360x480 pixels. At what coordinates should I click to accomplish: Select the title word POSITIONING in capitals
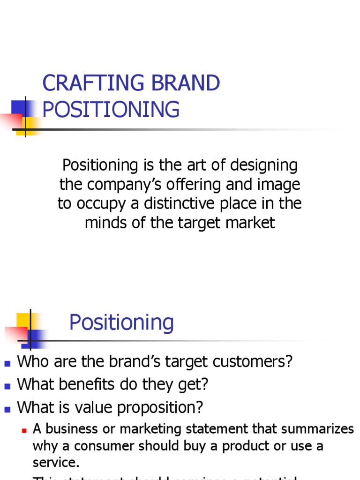(x=111, y=109)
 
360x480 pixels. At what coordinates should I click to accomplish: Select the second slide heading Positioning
(x=121, y=322)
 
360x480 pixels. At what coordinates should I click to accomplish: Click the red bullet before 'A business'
(x=24, y=430)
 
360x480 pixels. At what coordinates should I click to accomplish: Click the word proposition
(x=161, y=407)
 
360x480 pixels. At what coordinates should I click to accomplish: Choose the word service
(x=56, y=463)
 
